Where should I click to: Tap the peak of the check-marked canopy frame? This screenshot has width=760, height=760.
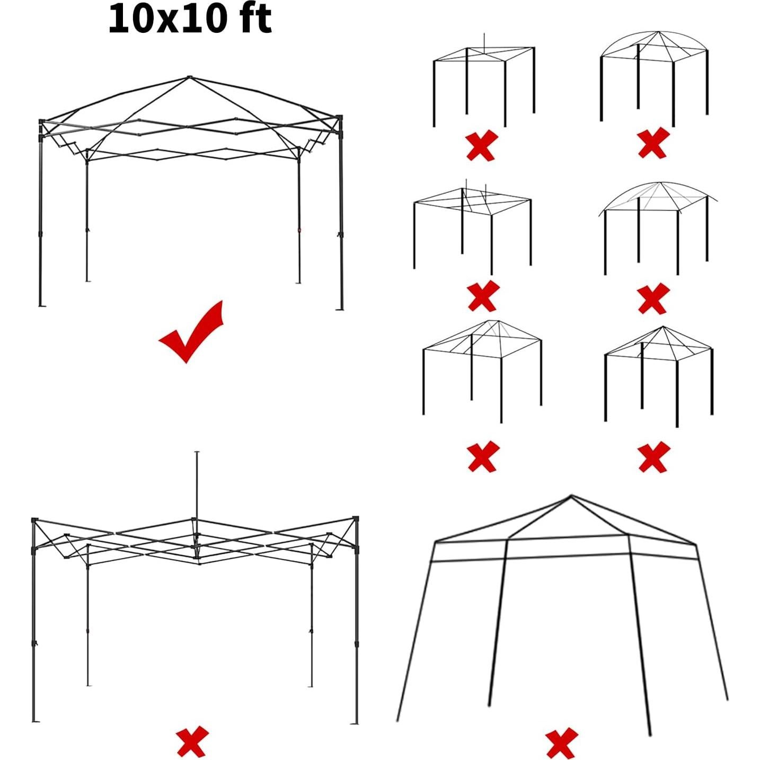(x=189, y=77)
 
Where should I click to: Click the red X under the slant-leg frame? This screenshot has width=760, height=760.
(x=561, y=743)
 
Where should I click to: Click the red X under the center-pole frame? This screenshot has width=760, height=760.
(x=192, y=742)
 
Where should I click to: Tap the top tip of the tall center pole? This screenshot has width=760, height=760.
(x=197, y=453)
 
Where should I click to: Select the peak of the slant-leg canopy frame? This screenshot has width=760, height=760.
(x=571, y=497)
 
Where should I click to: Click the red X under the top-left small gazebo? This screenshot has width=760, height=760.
(x=482, y=145)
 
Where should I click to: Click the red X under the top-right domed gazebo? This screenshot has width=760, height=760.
(x=653, y=143)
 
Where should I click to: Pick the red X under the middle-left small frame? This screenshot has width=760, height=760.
(x=483, y=296)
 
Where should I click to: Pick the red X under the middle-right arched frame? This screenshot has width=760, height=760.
(x=653, y=298)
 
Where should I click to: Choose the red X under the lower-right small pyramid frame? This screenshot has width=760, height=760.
(x=654, y=457)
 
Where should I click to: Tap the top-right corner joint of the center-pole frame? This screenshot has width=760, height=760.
(x=356, y=519)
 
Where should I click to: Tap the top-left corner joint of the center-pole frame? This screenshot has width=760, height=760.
(x=34, y=520)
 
